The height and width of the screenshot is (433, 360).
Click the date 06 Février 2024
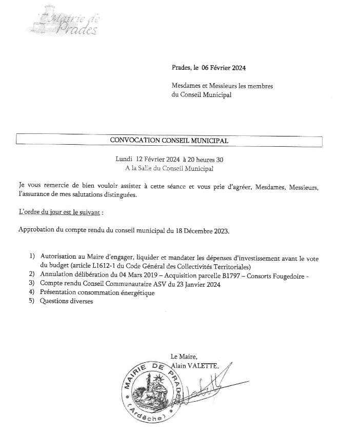pyautogui.click(x=224, y=67)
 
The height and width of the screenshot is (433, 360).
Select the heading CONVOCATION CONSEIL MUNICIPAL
pyautogui.click(x=169, y=140)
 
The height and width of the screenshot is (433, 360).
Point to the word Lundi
pyautogui.click(x=124, y=160)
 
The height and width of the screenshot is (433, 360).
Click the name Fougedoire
pyautogui.click(x=290, y=275)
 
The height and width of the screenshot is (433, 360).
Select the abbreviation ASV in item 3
pyautogui.click(x=183, y=284)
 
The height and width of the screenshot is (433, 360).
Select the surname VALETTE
pyautogui.click(x=204, y=366)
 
